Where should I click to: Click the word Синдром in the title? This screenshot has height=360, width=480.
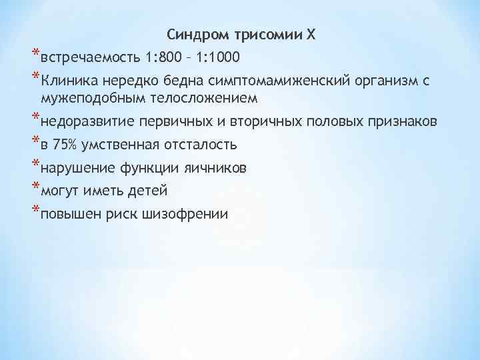(x=193, y=35)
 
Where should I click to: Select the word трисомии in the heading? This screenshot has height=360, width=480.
(x=261, y=35)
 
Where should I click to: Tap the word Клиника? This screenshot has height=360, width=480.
(x=67, y=81)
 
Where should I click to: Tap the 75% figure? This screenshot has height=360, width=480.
(x=66, y=145)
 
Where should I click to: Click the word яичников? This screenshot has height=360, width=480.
(x=217, y=168)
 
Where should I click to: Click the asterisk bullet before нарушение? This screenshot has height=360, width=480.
(x=35, y=165)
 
